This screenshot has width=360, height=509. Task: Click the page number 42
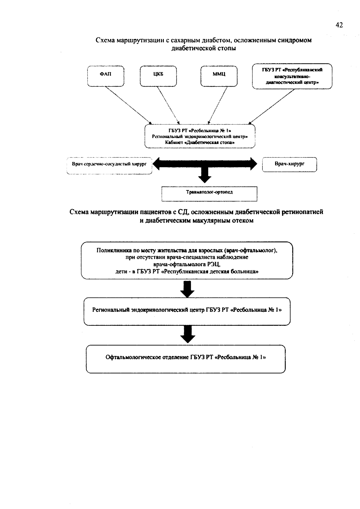[x=339, y=25]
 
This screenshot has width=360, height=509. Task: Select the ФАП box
[x=106, y=76]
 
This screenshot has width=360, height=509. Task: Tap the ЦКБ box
[x=158, y=76]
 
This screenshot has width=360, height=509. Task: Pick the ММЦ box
[x=219, y=76]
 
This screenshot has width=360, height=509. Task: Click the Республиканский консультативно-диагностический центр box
[x=292, y=76]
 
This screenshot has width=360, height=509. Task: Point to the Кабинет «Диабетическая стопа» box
[x=200, y=136]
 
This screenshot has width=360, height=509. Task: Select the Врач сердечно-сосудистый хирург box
[x=109, y=166]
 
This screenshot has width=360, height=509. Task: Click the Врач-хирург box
[x=289, y=164]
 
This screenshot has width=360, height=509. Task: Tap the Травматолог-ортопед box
[x=209, y=194]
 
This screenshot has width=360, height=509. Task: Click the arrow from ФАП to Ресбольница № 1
[x=128, y=105]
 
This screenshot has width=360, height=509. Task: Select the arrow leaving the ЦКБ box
[x=168, y=105]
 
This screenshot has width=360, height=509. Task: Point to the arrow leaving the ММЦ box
[x=217, y=105]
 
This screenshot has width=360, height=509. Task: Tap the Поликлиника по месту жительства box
[x=187, y=260]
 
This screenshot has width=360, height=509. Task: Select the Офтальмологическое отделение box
[x=186, y=359]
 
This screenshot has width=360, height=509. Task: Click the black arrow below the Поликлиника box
[x=187, y=289]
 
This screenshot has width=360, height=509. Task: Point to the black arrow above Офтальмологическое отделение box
[x=188, y=334]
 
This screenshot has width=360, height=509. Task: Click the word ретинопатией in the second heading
[x=302, y=212]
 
